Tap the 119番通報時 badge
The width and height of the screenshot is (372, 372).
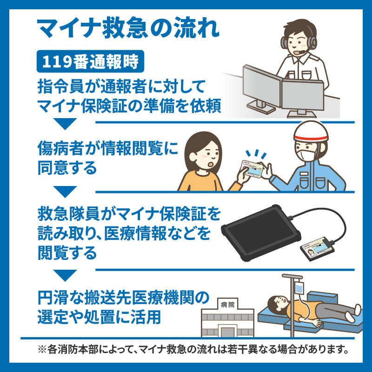(88, 62)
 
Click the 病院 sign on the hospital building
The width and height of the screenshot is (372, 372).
(226, 305)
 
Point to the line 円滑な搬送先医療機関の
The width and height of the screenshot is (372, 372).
(124, 298)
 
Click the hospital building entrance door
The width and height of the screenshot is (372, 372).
(227, 332)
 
